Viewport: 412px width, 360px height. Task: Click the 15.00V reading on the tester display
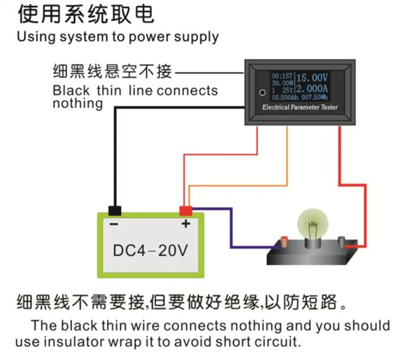pos(312,77)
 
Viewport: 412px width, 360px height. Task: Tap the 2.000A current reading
pos(312,88)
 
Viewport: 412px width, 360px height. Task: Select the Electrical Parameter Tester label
pos(300,108)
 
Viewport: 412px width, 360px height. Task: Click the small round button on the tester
pos(262,92)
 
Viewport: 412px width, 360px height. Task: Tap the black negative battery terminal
pos(115,210)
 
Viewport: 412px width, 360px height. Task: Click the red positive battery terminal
pos(185,210)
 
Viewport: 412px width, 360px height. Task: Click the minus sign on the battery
pos(114,224)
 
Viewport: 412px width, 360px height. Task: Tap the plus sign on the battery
pos(186,224)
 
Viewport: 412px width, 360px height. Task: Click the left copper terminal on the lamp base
pos(284,241)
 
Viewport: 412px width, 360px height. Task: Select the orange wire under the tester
pos(287,157)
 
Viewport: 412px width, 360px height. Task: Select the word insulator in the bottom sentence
pos(73,341)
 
